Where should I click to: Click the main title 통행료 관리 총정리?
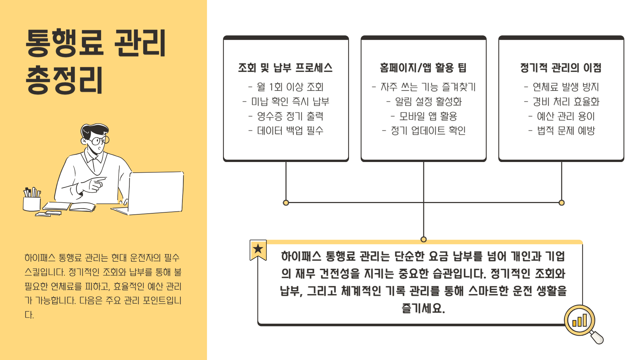pyautogui.click(x=96, y=61)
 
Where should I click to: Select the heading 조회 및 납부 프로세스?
pyautogui.click(x=285, y=68)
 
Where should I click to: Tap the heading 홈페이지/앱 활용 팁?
pyautogui.click(x=423, y=68)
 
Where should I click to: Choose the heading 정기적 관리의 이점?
pyautogui.click(x=561, y=68)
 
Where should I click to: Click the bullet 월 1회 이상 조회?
pyautogui.click(x=286, y=87)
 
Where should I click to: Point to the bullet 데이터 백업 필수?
pyautogui.click(x=286, y=131)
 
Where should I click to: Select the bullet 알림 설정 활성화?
pyautogui.click(x=424, y=102)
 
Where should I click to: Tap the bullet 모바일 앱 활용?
pyautogui.click(x=424, y=116)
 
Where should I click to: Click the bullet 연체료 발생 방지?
pyautogui.click(x=562, y=87)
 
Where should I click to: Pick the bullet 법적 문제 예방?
pyautogui.click(x=562, y=131)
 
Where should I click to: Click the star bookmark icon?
pyautogui.click(x=258, y=249)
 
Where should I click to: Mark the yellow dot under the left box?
pyautogui.click(x=286, y=203)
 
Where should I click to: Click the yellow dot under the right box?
pyautogui.click(x=562, y=203)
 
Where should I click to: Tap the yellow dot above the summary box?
pyautogui.click(x=424, y=239)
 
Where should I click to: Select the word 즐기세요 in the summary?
pyautogui.click(x=423, y=308)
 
